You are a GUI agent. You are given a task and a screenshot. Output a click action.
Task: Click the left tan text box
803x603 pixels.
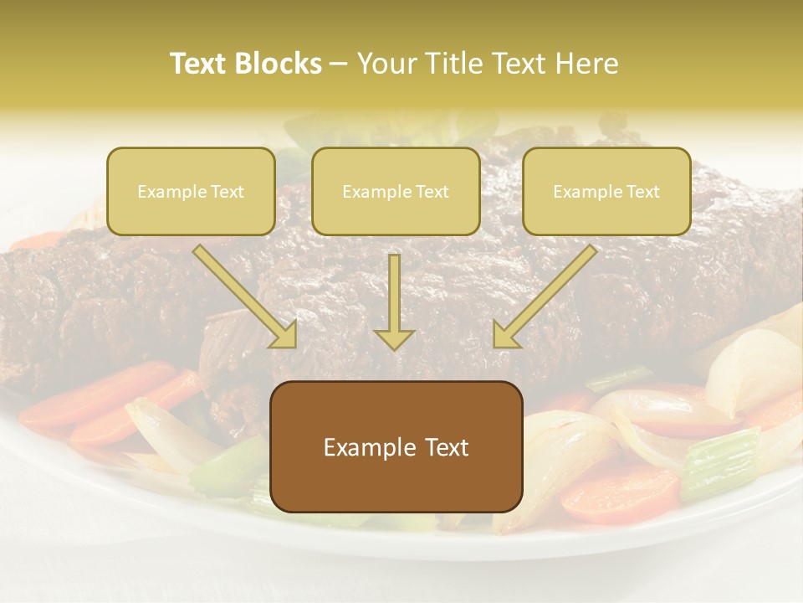[x=191, y=191]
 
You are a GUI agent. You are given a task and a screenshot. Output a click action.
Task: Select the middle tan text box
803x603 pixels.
[x=396, y=191]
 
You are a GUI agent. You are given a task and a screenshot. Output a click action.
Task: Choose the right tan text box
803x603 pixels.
[x=606, y=191]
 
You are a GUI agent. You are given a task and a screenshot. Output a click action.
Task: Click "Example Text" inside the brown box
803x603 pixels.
[x=396, y=447]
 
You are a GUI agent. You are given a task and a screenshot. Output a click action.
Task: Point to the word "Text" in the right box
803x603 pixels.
[x=642, y=192]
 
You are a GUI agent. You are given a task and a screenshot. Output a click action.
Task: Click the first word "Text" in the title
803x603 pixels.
[x=199, y=64]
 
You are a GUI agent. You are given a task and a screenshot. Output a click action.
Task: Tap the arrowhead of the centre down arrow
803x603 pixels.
[x=394, y=338]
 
